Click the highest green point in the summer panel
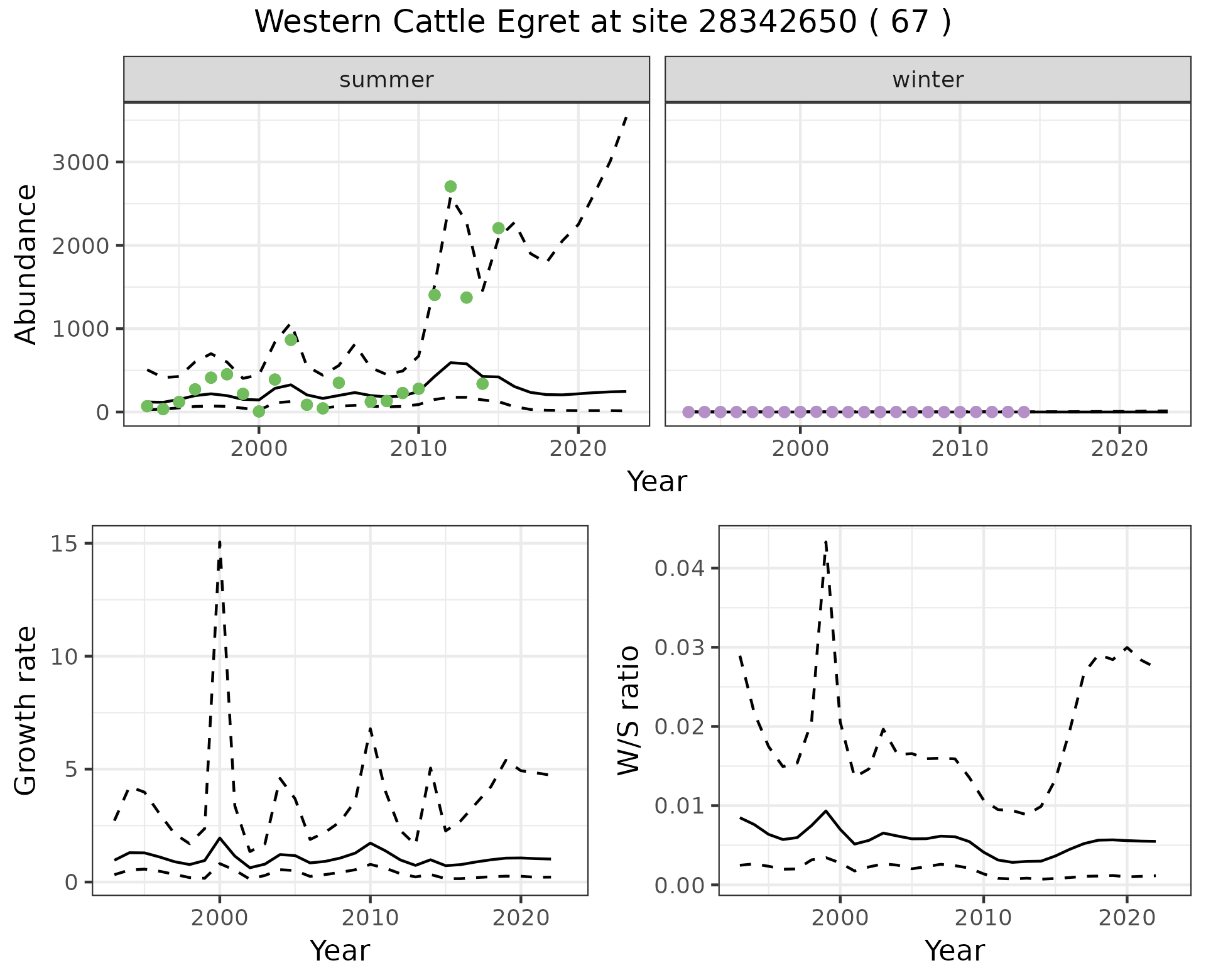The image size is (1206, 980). click(450, 187)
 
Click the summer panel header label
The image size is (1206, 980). click(386, 80)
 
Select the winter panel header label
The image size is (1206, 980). click(928, 80)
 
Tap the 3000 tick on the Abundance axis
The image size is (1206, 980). click(80, 163)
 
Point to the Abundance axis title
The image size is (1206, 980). click(26, 264)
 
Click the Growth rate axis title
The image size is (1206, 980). click(26, 710)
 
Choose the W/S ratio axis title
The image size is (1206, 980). click(629, 710)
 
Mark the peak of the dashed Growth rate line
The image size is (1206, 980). click(220, 542)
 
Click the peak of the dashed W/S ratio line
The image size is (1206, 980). click(826, 540)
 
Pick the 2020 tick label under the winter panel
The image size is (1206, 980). click(1119, 449)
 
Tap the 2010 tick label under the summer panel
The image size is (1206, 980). click(418, 449)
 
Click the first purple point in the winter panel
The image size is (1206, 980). click(688, 412)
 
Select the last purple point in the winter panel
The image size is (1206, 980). click(1023, 412)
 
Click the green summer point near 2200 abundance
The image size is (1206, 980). click(499, 228)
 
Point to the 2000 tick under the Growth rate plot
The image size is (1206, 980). click(219, 918)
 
